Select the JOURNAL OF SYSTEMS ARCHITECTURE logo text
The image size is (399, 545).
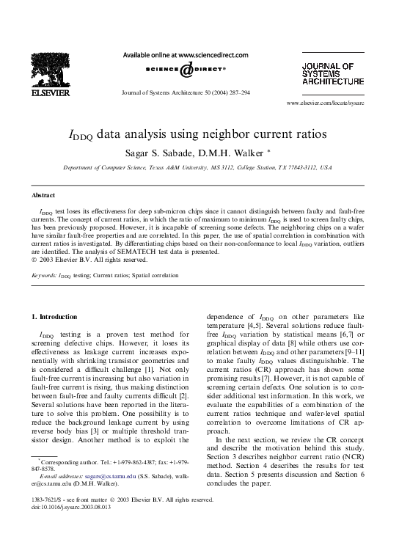(x=332, y=74)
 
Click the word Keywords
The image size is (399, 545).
(x=45, y=276)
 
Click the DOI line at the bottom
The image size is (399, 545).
(x=71, y=526)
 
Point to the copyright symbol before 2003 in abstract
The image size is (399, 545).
(x=34, y=259)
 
